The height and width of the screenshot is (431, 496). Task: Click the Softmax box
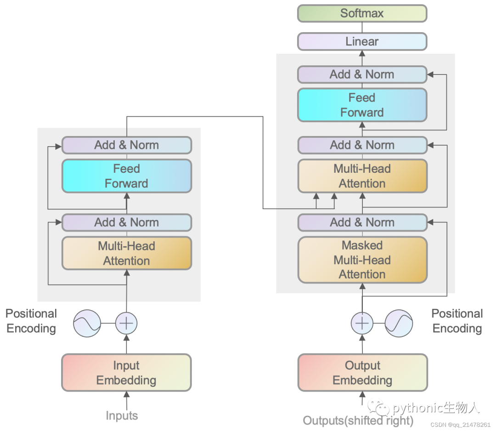[362, 14]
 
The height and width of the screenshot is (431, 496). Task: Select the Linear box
[362, 41]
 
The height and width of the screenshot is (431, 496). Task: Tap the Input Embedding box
[127, 373]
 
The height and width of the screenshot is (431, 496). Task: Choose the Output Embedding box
[363, 373]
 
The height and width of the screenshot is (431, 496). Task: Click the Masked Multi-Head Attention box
[363, 260]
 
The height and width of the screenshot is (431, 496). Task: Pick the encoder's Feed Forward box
[127, 176]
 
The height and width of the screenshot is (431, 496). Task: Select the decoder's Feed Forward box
[362, 105]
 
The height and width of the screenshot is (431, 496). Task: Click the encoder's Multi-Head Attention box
[127, 253]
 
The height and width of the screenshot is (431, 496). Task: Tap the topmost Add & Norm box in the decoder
[362, 75]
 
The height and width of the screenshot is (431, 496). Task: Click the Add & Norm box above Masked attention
[363, 222]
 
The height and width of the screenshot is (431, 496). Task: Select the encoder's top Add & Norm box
[127, 145]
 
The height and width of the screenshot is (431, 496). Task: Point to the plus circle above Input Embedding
[126, 323]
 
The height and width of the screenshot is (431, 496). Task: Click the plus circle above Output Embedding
[362, 323]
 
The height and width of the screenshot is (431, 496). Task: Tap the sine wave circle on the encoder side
[87, 323]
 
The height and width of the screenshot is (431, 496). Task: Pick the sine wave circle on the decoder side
[399, 323]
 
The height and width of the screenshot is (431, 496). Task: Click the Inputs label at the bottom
[122, 415]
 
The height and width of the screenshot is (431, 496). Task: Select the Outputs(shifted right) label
[358, 420]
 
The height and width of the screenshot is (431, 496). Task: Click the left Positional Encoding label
[31, 321]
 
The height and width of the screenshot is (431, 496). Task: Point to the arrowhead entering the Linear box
[362, 53]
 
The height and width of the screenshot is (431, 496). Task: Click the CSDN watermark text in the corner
[460, 425]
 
